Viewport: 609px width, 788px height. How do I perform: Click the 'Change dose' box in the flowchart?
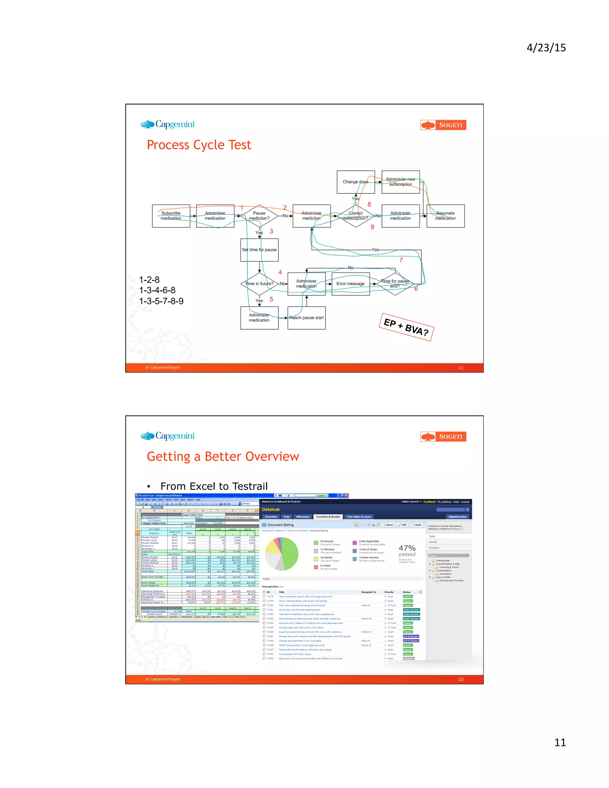[356, 182]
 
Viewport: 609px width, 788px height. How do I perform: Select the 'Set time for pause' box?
[259, 250]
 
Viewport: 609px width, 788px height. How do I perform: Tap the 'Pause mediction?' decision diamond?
[259, 216]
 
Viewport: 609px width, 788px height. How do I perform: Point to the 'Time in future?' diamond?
[259, 284]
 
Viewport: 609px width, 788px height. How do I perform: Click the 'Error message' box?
[350, 284]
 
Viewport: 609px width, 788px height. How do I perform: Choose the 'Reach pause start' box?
[306, 318]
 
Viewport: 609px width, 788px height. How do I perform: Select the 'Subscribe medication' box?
[171, 216]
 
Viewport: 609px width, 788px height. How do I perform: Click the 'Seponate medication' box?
[445, 216]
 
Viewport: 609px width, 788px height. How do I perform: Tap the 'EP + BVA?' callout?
[406, 327]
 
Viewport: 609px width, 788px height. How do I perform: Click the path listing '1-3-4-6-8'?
[157, 290]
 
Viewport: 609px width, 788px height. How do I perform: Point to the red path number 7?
[401, 260]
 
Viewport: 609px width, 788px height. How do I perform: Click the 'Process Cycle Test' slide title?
[199, 145]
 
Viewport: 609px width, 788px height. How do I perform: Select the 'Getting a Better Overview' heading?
[223, 456]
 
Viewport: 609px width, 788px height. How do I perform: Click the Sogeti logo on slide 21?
[443, 125]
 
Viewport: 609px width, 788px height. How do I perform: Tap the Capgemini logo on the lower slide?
[168, 436]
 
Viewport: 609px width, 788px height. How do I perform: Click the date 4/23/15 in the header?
[546, 48]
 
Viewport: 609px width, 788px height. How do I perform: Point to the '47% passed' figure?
[407, 551]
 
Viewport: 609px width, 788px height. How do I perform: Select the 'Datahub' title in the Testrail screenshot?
[271, 509]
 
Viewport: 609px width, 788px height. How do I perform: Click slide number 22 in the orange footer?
[461, 679]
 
